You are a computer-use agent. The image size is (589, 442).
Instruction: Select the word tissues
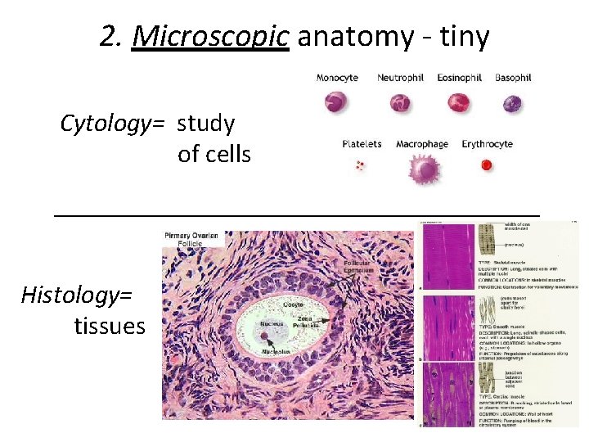110,327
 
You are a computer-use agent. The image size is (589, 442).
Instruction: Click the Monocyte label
337,78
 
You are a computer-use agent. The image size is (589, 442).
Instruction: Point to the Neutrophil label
400,78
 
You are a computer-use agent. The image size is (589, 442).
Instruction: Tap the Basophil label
513,78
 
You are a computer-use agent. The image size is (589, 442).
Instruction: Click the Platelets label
362,144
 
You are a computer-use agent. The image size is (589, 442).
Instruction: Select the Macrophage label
422,144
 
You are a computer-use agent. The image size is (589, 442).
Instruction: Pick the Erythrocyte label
487,144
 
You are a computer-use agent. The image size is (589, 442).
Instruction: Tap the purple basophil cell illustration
513,103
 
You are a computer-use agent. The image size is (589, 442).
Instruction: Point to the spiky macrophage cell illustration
424,169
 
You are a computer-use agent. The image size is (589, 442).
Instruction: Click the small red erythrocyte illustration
487,165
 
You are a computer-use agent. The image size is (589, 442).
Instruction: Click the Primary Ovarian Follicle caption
192,239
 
